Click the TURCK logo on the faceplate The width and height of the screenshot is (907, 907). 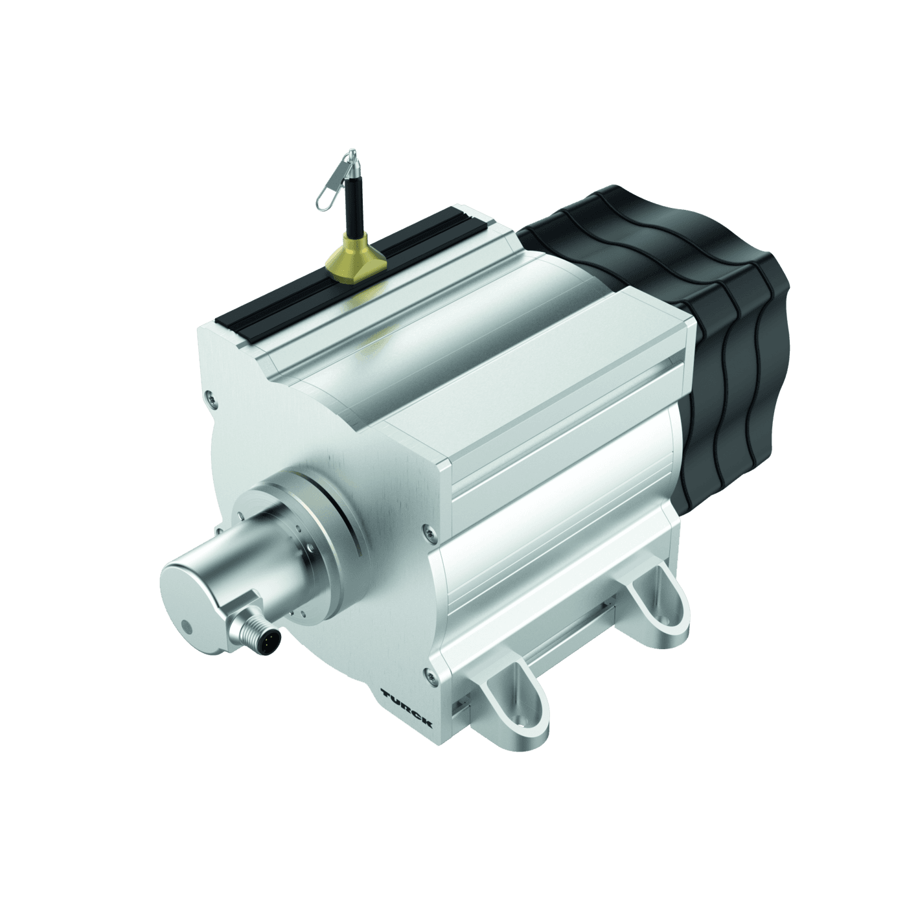407,707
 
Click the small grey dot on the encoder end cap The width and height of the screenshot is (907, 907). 187,627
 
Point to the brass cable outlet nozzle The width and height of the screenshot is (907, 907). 353,259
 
